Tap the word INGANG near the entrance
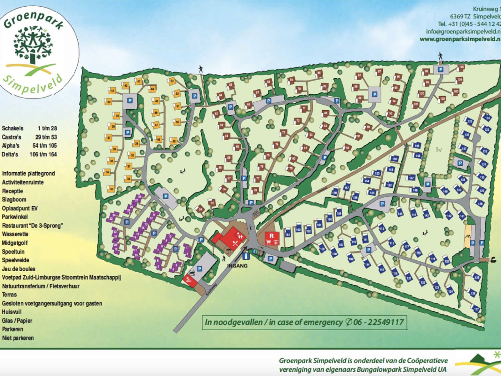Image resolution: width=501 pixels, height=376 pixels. [237, 266]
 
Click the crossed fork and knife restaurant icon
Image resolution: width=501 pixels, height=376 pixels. [235, 243]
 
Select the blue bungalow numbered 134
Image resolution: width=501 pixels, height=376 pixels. [487, 118]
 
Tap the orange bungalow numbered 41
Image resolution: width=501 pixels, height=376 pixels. [112, 91]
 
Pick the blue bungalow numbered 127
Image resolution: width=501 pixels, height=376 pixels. [476, 309]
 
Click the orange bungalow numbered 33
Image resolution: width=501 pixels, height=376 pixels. [111, 189]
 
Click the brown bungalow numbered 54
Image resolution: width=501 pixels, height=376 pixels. [201, 209]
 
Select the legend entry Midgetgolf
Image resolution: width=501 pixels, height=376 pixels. [15, 243]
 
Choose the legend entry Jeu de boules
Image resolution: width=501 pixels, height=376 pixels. [18, 269]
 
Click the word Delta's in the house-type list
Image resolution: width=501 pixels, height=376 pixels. [10, 154]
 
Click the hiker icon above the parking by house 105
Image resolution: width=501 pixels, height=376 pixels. [441, 56]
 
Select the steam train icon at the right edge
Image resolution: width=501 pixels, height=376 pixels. [494, 259]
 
